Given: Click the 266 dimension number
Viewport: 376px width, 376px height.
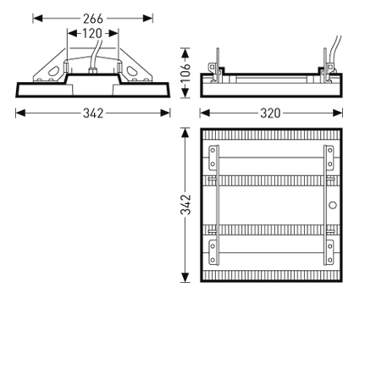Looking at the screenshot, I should [x=93, y=18].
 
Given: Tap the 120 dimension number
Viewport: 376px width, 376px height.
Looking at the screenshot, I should [x=92, y=34].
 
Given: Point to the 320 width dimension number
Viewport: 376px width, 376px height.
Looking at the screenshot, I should [x=270, y=113].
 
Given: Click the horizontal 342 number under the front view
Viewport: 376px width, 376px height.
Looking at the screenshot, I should [x=93, y=113].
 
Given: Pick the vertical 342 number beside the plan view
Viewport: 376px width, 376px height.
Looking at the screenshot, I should [x=185, y=205].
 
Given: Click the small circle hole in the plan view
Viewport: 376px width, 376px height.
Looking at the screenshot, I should [x=332, y=205].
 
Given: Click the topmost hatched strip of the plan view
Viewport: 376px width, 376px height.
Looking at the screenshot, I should [x=271, y=136].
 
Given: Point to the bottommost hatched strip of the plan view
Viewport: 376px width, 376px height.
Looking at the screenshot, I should [x=271, y=274].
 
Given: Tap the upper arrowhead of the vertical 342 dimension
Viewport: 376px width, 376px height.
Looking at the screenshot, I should [x=185, y=133].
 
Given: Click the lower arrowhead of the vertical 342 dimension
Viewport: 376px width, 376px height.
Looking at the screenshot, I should [x=185, y=278].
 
